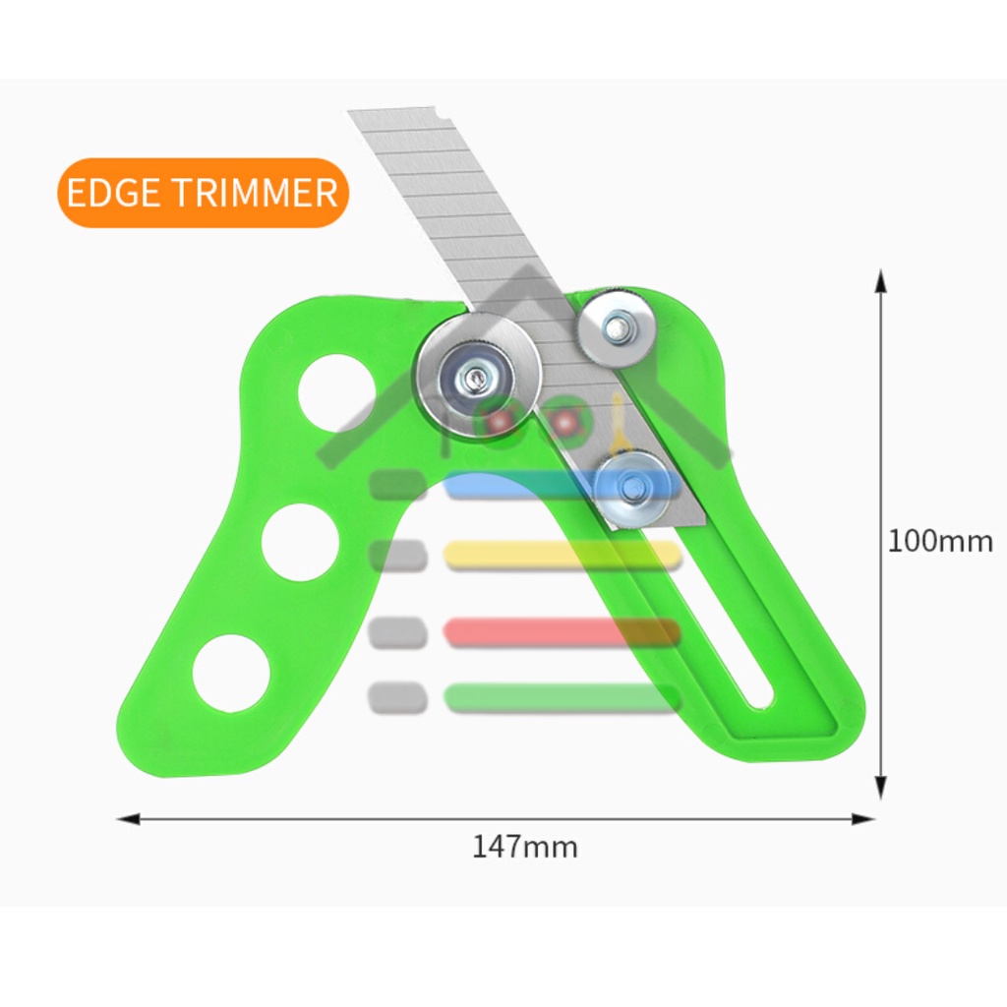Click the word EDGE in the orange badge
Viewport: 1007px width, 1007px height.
point(113,192)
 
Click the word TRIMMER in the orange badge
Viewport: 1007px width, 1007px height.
point(255,192)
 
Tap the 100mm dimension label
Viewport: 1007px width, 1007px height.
point(940,541)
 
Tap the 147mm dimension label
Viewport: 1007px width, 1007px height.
point(525,847)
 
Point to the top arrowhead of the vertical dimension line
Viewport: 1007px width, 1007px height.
point(881,281)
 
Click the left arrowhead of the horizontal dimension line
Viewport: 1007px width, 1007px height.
point(129,819)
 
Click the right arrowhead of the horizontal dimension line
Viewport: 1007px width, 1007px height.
point(862,819)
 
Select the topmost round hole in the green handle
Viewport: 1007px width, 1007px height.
point(337,392)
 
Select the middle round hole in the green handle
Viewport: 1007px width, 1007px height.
point(301,542)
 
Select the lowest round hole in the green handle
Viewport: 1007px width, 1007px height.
point(231,673)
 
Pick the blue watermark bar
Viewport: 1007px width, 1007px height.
point(562,485)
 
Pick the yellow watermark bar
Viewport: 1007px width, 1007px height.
point(562,556)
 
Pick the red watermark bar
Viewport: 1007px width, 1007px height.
point(562,632)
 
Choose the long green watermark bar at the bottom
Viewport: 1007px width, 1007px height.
point(562,698)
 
